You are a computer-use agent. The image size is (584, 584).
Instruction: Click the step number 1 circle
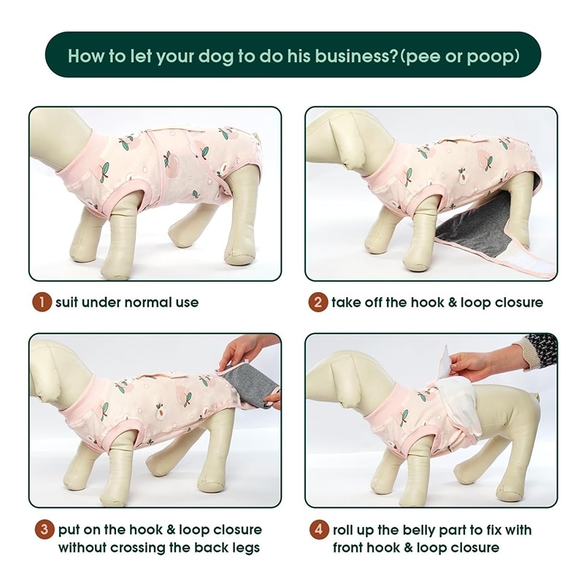[42, 302]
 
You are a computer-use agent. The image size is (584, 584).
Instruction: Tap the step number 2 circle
[318, 302]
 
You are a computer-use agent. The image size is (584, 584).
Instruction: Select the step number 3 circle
[45, 529]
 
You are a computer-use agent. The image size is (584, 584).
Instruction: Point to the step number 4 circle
[319, 529]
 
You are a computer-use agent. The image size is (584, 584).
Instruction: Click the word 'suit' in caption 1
[66, 302]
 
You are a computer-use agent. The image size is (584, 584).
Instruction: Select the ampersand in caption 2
[452, 302]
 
